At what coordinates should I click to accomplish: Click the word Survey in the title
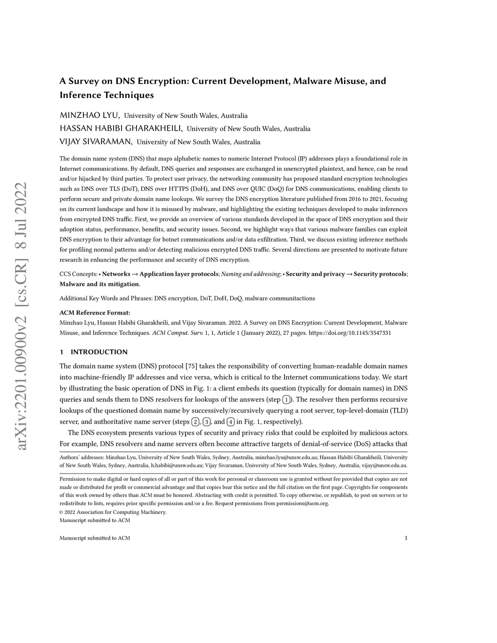[86, 81]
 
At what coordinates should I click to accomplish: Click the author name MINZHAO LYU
[89, 115]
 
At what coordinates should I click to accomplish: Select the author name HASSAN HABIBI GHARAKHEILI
[121, 129]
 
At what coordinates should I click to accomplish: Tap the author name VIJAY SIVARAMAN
[96, 142]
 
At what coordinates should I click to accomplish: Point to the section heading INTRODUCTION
[99, 352]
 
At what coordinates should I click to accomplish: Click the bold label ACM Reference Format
[95, 313]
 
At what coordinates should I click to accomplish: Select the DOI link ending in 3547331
[350, 333]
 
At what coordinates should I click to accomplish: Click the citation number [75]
[191, 366]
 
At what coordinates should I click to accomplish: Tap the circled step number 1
[287, 399]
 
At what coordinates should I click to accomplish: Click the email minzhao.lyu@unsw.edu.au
[286, 457]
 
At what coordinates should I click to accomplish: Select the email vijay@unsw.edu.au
[384, 465]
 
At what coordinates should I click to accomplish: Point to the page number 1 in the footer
[405, 538]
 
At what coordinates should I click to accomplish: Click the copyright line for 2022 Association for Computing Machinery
[113, 512]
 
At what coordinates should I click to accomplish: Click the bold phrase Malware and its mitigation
[99, 284]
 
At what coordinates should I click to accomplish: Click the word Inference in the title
[81, 95]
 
